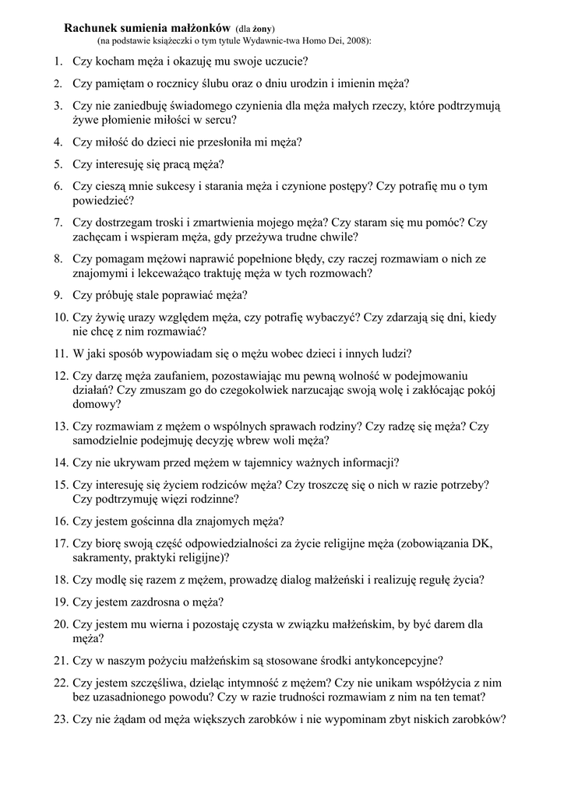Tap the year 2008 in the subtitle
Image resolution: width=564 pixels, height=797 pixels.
coord(354,39)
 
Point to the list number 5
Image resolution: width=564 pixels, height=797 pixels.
coord(58,164)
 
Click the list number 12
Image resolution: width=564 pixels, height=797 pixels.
coord(62,375)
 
